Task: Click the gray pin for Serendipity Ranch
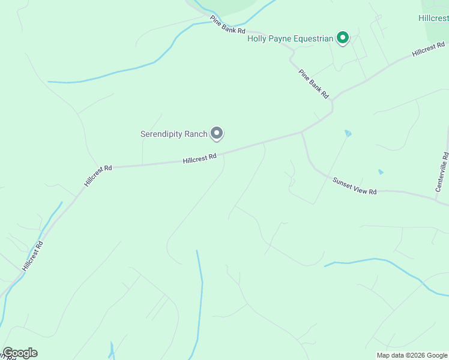tap(217, 133)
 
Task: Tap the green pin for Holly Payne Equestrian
tap(343, 38)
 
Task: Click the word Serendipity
tap(165, 134)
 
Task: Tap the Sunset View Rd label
tap(355, 185)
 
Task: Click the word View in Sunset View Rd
tap(356, 185)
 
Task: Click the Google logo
tap(20, 353)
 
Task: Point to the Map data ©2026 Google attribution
tap(412, 355)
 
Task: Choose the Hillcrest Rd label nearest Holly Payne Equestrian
tap(429, 50)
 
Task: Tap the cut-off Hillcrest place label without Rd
tap(433, 18)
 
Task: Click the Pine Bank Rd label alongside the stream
tap(228, 25)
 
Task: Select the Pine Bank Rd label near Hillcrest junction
tap(314, 83)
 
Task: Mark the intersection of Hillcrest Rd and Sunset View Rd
tap(301, 132)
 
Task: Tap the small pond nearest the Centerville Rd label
tap(381, 172)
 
